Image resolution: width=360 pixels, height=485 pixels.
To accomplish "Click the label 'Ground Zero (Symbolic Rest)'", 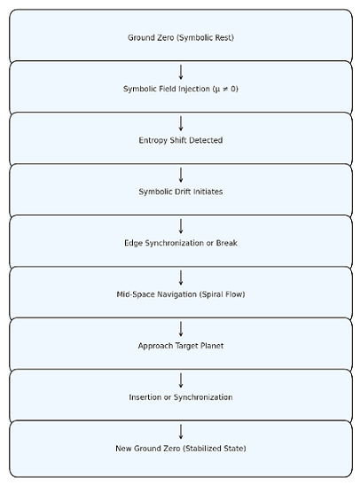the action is pos(181,38).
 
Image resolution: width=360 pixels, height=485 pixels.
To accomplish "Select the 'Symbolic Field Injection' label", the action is pos(167,89).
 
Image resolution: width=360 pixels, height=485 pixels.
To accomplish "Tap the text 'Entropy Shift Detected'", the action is pos(181,140).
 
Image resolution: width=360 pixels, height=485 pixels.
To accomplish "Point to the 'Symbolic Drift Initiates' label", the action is pos(181,192).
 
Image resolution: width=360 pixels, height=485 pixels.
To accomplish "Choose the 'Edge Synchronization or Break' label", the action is pos(181,243).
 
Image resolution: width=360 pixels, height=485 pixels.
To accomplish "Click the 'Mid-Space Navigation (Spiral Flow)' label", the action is pos(181,294).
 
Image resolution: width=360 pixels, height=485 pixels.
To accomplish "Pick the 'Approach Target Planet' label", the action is pos(181,346).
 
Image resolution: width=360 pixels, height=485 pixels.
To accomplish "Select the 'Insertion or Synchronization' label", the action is pos(181,397).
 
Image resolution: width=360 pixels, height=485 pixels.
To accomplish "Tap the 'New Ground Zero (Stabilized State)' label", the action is pos(181,449).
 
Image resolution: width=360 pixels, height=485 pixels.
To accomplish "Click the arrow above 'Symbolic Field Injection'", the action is pos(181,72).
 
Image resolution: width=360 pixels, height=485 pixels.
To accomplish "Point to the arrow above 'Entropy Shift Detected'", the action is pos(181,123).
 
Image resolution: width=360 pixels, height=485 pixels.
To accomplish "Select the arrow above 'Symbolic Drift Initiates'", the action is pos(181,175).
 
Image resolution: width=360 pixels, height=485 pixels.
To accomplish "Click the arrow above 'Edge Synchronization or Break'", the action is pos(181,226).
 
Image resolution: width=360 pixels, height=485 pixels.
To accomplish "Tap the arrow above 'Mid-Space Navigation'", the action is pos(181,278).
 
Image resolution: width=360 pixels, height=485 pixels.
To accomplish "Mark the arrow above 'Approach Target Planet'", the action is pos(181,329).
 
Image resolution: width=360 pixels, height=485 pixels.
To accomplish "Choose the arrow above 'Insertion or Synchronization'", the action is pos(181,380).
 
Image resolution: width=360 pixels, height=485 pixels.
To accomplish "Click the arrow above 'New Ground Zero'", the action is pos(181,432).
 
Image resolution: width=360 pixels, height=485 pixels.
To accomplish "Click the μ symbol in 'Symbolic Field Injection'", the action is pos(217,90).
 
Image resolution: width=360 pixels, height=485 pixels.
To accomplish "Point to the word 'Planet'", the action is pos(212,346).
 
